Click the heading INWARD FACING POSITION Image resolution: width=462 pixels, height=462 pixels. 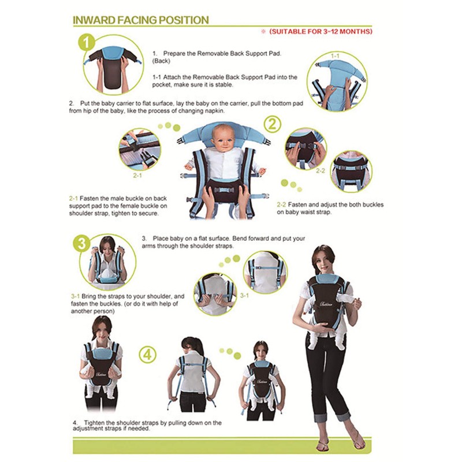[x=140, y=20]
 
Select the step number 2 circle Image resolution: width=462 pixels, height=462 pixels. [x=273, y=124]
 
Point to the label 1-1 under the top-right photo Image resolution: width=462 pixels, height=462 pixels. [x=336, y=56]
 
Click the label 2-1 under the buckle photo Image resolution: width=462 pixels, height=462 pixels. [x=137, y=174]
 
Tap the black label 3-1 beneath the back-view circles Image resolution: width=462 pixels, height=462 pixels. [x=244, y=296]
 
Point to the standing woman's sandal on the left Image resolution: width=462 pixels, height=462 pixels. [x=323, y=445]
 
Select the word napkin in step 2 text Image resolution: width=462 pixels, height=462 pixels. [x=214, y=110]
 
